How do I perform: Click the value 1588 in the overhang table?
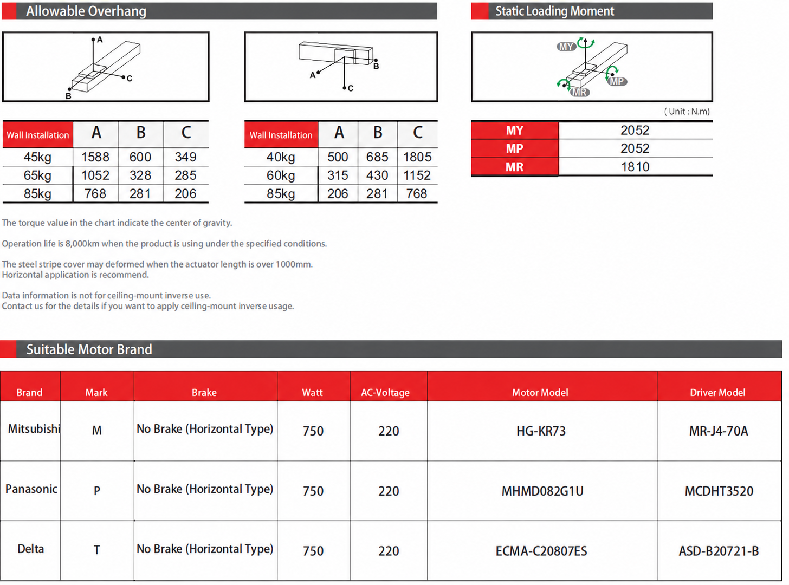pyautogui.click(x=95, y=157)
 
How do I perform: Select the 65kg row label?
pyautogui.click(x=37, y=175)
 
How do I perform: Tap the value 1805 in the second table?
pyautogui.click(x=417, y=157)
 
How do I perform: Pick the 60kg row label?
pyautogui.click(x=281, y=175)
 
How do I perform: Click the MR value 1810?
pyautogui.click(x=635, y=167)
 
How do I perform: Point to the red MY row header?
pyautogui.click(x=515, y=131)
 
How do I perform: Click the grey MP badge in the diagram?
pyautogui.click(x=617, y=81)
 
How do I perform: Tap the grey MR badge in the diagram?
pyautogui.click(x=580, y=93)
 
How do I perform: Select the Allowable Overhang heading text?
pyautogui.click(x=86, y=11)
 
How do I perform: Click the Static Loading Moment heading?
pyautogui.click(x=554, y=11)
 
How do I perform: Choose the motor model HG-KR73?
pyautogui.click(x=541, y=431)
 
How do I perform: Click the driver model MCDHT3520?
pyautogui.click(x=719, y=491)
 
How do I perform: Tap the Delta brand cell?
pyautogui.click(x=30, y=549)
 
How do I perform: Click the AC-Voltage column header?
pyautogui.click(x=385, y=392)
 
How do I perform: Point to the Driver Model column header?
pyautogui.click(x=717, y=392)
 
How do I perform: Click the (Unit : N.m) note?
pyautogui.click(x=687, y=112)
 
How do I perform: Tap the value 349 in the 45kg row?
pyautogui.click(x=186, y=157)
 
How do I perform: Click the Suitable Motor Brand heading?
pyautogui.click(x=89, y=349)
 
